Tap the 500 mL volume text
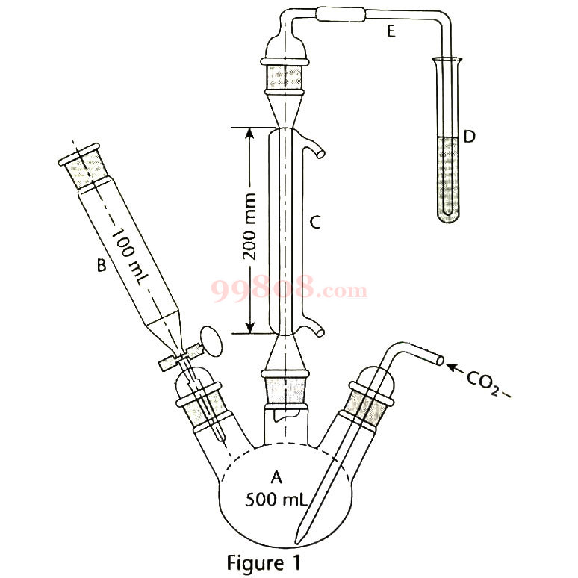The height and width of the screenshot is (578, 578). click(276, 500)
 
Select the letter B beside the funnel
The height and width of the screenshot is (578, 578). click(102, 265)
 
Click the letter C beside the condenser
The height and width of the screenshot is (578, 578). click(315, 223)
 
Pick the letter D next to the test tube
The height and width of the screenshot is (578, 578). click(469, 137)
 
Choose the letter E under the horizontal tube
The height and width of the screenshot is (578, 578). click(391, 31)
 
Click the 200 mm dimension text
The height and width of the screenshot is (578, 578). click(249, 226)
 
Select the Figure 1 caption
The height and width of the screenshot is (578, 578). click(264, 562)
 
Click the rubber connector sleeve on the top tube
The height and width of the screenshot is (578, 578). click(341, 15)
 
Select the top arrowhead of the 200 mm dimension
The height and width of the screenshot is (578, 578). click(249, 134)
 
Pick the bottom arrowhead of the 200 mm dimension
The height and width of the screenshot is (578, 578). click(249, 327)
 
